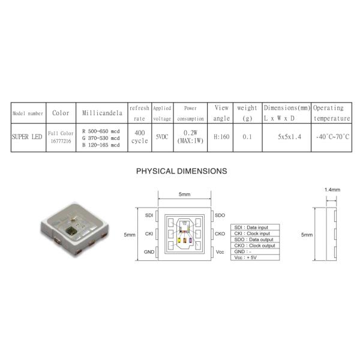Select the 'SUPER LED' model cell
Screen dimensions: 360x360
(x=27, y=137)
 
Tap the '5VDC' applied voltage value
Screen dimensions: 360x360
(x=161, y=137)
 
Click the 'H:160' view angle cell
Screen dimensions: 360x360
(x=221, y=137)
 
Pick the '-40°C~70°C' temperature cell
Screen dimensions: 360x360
(x=332, y=137)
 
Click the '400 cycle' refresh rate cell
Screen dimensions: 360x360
(x=139, y=137)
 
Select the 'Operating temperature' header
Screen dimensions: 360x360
(x=332, y=113)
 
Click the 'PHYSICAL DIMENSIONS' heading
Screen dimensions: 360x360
(x=182, y=171)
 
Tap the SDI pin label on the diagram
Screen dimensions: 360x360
(x=149, y=214)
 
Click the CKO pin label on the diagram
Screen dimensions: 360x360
(x=220, y=234)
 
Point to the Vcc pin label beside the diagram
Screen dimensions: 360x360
(x=219, y=253)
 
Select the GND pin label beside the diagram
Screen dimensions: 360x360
(x=149, y=253)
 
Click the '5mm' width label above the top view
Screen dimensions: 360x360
(x=185, y=194)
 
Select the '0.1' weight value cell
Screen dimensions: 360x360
(x=247, y=137)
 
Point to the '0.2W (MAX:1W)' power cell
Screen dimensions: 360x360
(x=190, y=137)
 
